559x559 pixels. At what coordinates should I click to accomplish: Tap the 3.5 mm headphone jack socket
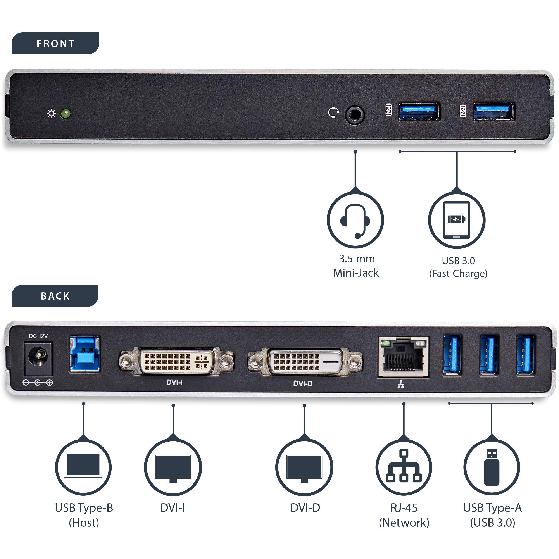tap(355, 115)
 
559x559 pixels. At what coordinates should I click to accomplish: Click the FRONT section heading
tap(55, 43)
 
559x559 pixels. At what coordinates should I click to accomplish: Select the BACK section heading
tap(55, 296)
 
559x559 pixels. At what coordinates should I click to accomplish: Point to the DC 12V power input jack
tap(38, 359)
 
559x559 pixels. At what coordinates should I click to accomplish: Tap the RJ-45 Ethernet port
tap(403, 357)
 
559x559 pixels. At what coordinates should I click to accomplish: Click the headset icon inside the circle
tap(355, 220)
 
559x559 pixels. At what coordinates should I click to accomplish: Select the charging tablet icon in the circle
tap(457, 220)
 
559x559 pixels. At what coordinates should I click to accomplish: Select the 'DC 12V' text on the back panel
tap(38, 336)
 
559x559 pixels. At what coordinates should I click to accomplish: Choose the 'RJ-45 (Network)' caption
tap(404, 515)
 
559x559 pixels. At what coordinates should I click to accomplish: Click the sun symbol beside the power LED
tap(52, 113)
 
